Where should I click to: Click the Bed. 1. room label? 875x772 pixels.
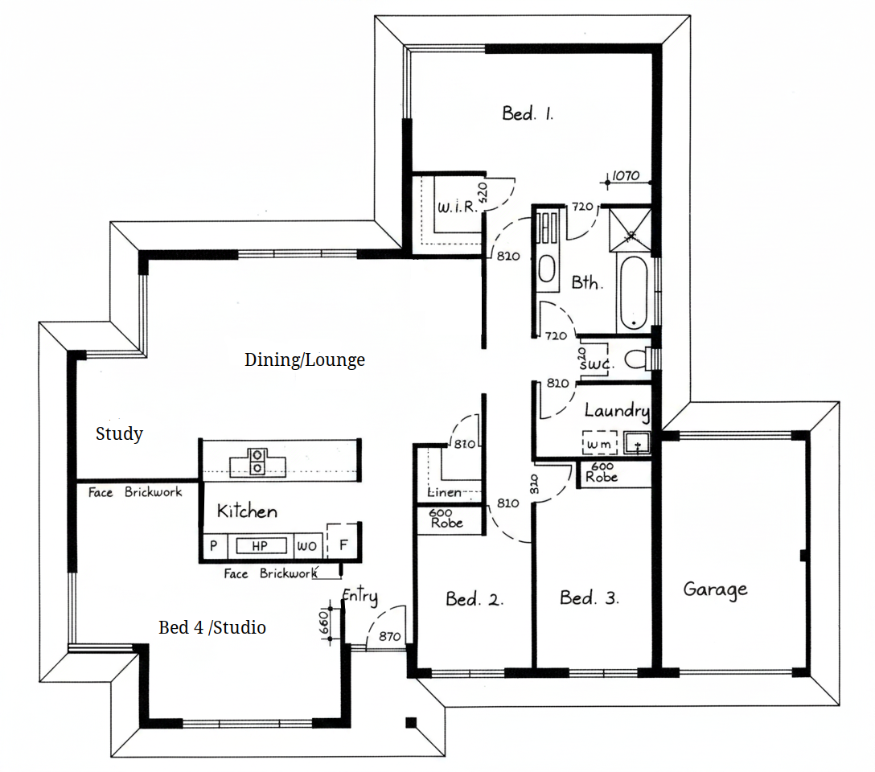point(528,114)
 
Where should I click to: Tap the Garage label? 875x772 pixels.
point(716,590)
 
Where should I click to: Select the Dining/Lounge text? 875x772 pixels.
point(305,359)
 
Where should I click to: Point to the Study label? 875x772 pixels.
point(119,433)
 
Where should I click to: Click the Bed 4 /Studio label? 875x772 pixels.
point(212,627)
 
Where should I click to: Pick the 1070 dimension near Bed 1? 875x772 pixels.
point(626,175)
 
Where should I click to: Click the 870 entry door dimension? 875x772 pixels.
point(389,636)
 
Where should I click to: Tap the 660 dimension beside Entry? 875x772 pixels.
point(323,622)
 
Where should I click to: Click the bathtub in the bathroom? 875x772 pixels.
point(634,292)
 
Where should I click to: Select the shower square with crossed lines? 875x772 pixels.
point(630,229)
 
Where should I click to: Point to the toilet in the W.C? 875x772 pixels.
point(636,359)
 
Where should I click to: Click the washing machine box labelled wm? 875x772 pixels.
point(600,443)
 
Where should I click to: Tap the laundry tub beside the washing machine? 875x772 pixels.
point(637,443)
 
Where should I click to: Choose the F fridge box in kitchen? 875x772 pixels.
point(342,541)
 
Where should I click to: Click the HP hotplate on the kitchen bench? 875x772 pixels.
point(260,545)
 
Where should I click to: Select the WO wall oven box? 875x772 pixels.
point(307,546)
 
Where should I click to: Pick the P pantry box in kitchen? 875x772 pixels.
point(214,546)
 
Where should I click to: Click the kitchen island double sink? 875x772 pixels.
point(257,462)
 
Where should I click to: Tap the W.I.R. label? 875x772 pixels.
point(457,207)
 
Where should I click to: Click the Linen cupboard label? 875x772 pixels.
point(445,492)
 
